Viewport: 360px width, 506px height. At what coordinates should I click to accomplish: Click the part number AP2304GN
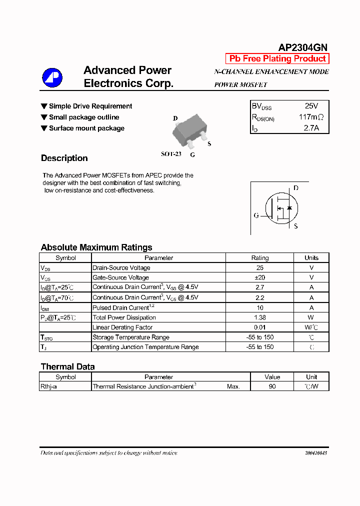302,47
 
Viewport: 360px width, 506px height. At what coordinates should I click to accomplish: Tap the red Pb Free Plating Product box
277,58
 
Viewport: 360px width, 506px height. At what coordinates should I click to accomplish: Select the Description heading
64,158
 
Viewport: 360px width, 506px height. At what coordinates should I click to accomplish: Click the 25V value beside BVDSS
311,106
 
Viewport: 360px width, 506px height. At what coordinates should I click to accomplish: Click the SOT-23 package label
171,154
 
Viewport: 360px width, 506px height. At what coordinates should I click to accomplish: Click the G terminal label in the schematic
256,215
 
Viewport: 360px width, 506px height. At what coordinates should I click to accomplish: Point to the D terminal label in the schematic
295,188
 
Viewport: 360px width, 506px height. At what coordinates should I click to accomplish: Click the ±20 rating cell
259,277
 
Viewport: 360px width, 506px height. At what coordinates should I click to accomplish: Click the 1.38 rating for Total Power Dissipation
259,317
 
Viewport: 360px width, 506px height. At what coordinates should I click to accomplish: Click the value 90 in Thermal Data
272,386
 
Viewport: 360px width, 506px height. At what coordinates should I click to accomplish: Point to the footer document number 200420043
315,453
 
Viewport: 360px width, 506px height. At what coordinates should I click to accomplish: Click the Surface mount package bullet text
86,128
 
